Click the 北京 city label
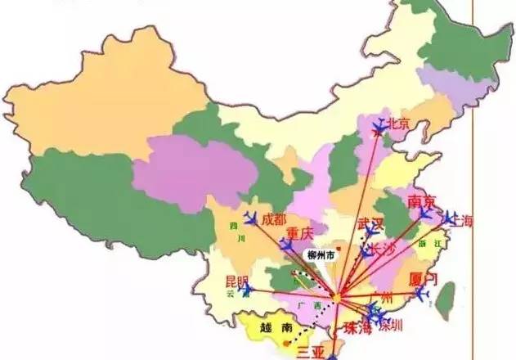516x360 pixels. pyautogui.click(x=398, y=124)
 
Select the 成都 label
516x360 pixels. pyautogui.click(x=274, y=218)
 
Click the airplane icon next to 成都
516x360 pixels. pyautogui.click(x=251, y=218)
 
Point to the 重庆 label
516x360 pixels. pyautogui.click(x=300, y=233)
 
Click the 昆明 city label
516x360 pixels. pyautogui.click(x=236, y=281)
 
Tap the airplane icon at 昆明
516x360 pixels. pyautogui.click(x=245, y=289)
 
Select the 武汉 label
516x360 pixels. pyautogui.click(x=370, y=223)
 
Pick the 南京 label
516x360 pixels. pyautogui.click(x=421, y=200)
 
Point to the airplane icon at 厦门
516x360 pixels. pyautogui.click(x=422, y=292)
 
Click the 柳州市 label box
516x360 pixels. pyautogui.click(x=321, y=255)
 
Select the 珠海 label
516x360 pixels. pyautogui.click(x=357, y=329)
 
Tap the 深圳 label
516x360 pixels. pyautogui.click(x=392, y=325)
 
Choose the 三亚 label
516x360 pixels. pyautogui.click(x=311, y=352)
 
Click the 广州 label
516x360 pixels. pyautogui.click(x=381, y=295)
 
